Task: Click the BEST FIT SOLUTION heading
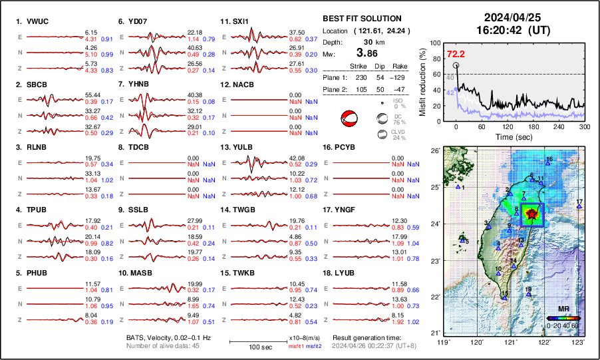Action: coord(361,19)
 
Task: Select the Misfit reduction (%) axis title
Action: coord(423,81)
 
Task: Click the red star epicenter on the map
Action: coord(531,214)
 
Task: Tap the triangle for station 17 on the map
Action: coord(579,206)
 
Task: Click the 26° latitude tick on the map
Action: coord(434,151)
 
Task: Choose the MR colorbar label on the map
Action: coord(563,310)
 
